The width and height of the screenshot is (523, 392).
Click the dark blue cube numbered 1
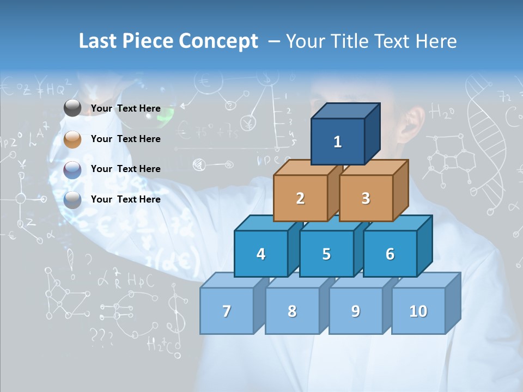(338, 142)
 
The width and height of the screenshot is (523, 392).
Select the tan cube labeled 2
(300, 198)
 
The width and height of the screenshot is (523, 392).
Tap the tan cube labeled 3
(366, 198)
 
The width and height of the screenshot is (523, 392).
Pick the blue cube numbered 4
(261, 254)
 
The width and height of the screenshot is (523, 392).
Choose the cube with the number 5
(326, 254)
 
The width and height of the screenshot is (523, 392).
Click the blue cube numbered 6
(390, 254)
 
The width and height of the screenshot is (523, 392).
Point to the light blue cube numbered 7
(227, 311)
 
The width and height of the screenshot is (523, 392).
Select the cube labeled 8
(292, 311)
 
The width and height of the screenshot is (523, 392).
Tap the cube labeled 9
(356, 311)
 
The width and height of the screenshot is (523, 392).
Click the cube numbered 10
(418, 311)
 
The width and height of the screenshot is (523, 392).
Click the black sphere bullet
(72, 108)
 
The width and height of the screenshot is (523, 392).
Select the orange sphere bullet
(72, 139)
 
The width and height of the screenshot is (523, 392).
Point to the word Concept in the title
(218, 41)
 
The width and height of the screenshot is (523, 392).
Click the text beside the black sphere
(126, 108)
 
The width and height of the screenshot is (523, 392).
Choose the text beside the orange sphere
(126, 139)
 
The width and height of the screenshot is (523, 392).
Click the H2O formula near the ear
(442, 113)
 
